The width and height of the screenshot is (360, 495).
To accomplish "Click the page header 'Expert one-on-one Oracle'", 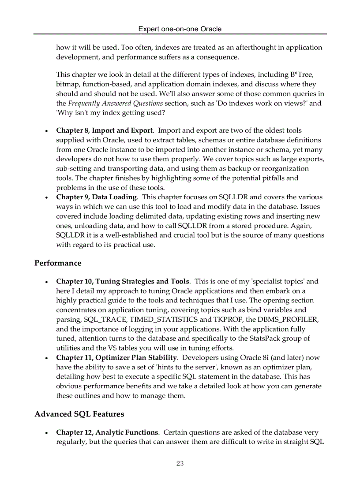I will (180, 29).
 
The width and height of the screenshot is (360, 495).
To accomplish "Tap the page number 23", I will (180, 463).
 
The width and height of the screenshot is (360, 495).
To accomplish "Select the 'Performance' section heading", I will (58, 263).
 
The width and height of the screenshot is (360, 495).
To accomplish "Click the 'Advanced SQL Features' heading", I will (79, 414).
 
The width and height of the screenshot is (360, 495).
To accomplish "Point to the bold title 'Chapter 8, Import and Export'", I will (105, 130).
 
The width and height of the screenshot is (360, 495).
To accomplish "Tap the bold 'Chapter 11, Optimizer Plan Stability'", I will (116, 357).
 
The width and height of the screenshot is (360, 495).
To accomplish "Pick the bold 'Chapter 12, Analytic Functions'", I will (107, 432).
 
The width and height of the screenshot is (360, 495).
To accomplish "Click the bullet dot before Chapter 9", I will (46, 197).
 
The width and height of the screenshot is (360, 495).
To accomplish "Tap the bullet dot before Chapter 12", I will (46, 433).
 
